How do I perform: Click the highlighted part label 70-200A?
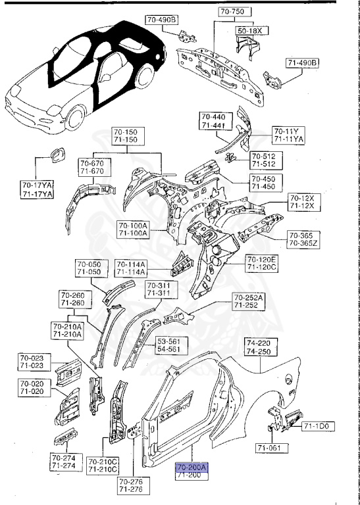[192, 468]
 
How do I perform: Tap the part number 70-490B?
[161, 20]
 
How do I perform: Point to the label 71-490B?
[301, 63]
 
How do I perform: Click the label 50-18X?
[249, 31]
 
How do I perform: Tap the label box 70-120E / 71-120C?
[262, 264]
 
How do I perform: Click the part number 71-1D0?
[319, 427]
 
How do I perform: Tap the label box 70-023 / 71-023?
[33, 362]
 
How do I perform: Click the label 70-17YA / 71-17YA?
[37, 189]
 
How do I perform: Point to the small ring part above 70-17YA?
[53, 156]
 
